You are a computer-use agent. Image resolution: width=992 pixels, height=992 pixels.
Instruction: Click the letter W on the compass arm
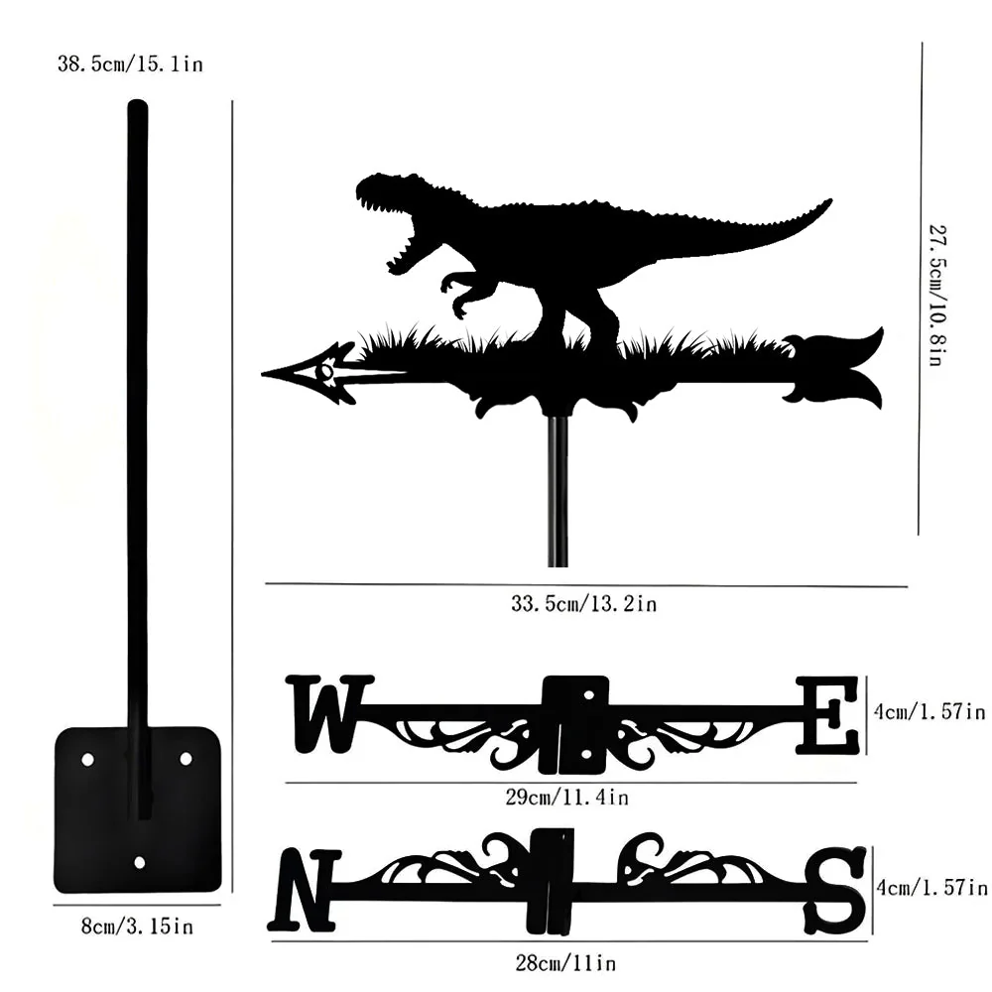329,713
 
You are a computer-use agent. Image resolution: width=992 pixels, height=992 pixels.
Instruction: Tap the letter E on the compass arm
827,715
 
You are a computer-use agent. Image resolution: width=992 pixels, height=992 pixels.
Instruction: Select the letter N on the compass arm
305,890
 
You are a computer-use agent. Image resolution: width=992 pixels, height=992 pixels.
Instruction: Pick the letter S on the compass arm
834,890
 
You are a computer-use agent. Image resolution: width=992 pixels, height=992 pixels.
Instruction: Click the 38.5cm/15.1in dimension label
130,63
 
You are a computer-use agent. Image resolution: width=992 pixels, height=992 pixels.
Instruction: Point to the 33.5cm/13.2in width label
584,603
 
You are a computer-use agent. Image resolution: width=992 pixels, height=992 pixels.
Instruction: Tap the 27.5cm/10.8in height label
937,295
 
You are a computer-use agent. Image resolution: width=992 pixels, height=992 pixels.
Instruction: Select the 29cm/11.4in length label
566,797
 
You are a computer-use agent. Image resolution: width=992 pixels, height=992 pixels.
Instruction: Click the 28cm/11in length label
565,963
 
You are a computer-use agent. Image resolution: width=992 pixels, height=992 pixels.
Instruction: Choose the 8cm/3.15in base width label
137,927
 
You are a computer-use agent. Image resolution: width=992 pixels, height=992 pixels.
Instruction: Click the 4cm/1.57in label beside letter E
930,711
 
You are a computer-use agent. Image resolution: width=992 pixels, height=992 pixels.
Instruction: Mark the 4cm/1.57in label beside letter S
931,888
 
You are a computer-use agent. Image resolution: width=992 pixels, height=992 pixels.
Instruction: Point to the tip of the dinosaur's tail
831,200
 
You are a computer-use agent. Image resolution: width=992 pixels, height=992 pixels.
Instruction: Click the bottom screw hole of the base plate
140,862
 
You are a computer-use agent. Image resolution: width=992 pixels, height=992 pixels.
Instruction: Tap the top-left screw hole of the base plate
88,759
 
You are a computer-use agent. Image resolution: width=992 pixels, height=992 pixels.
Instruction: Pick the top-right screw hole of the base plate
186,758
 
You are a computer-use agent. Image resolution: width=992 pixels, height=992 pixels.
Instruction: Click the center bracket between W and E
575,724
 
